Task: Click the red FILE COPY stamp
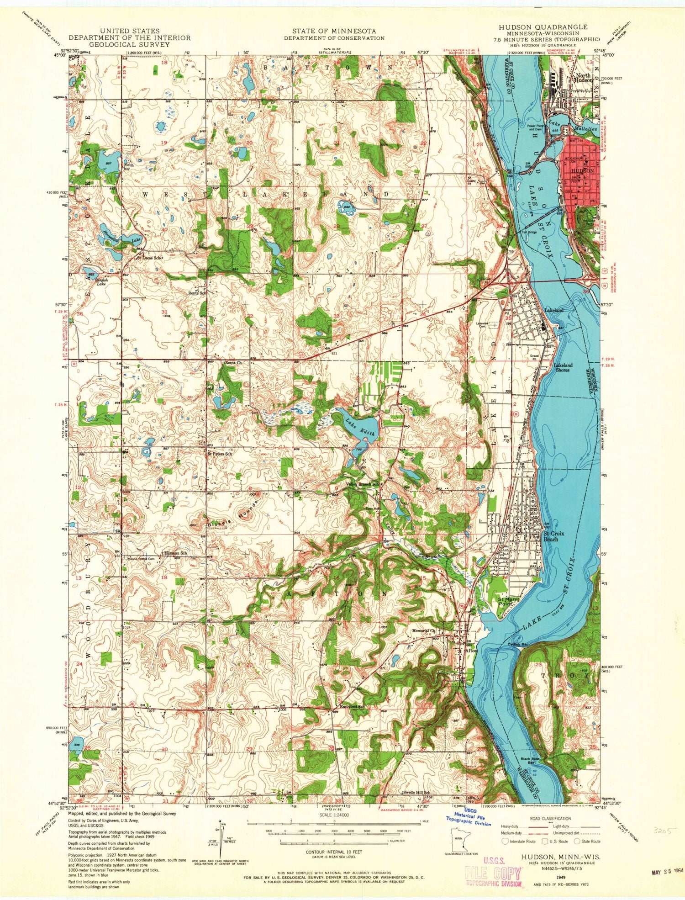pos(493,874)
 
